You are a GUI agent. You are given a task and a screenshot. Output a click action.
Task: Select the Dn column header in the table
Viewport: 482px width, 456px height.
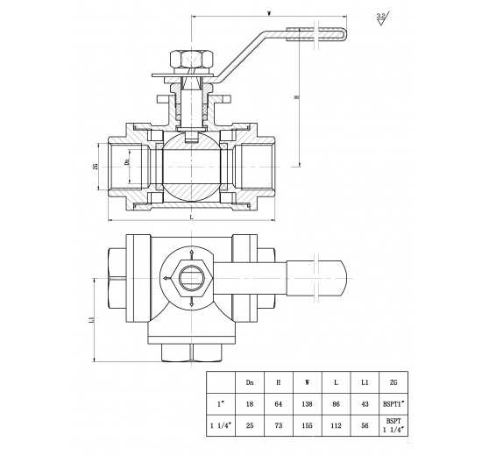coord(250,382)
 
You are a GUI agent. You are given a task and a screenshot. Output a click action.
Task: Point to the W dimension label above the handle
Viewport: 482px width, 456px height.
coord(268,14)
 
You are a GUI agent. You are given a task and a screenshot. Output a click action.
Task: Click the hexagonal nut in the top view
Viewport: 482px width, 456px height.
coord(189,279)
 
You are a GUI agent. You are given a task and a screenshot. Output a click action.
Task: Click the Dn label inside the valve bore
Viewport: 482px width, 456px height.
coord(126,163)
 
